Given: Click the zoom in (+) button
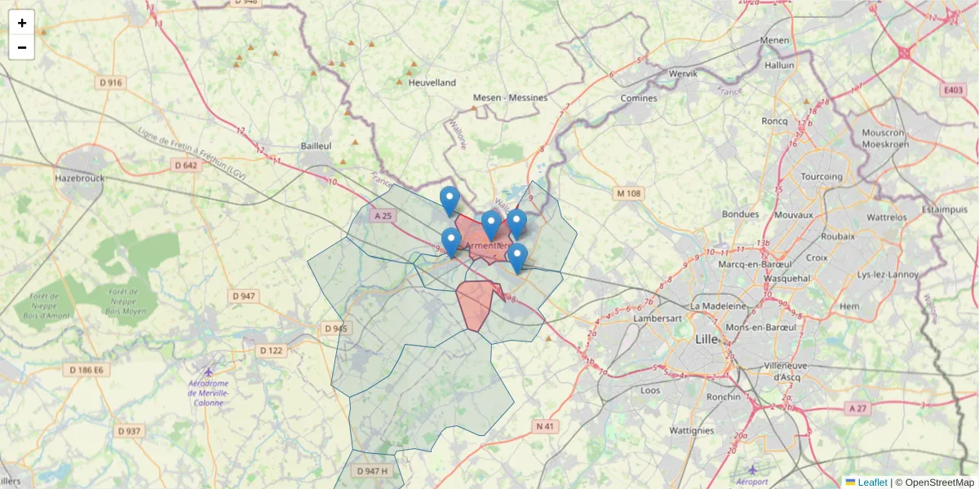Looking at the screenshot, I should (21, 23).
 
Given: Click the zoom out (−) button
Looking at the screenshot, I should (21, 47).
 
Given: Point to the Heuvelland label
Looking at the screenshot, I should (432, 82).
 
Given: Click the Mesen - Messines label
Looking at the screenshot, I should (510, 98).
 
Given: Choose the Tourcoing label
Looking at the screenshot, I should (821, 176).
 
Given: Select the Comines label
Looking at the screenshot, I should (638, 98).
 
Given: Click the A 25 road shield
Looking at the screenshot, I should (382, 216).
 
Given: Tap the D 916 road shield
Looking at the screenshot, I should (111, 82).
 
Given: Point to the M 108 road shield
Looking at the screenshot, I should (629, 194).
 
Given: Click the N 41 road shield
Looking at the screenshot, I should (546, 426).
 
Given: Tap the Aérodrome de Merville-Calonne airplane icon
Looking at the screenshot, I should (210, 371).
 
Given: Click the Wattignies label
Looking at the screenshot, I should (691, 430).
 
